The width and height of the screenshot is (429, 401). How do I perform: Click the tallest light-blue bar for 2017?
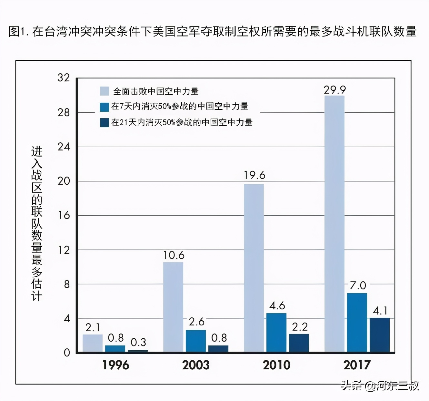(334, 223)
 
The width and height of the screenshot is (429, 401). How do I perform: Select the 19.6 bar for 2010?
(254, 268)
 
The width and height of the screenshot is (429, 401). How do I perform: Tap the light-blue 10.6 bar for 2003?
(173, 307)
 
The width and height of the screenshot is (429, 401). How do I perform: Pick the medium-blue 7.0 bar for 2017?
(357, 322)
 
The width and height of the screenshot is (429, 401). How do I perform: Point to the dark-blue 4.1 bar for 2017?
(380, 335)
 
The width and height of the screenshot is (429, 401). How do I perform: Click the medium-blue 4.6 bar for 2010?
(276, 333)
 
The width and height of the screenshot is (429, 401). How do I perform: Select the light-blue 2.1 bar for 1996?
(93, 343)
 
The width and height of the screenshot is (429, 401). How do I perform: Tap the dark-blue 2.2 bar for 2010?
(299, 343)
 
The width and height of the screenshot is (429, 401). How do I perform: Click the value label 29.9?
(335, 90)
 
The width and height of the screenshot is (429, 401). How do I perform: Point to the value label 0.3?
(138, 342)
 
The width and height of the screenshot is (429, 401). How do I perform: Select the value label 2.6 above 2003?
(196, 322)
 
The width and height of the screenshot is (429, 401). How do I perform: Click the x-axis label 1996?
(116, 365)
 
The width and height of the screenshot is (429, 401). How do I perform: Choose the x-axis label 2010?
(276, 365)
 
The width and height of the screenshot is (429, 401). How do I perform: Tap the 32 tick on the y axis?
(64, 78)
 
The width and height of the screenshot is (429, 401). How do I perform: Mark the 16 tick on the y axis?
(64, 215)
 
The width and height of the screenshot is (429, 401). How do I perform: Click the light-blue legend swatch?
(105, 91)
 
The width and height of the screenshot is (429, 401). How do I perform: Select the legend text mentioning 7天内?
(180, 106)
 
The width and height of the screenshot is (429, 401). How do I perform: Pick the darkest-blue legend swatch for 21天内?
(105, 122)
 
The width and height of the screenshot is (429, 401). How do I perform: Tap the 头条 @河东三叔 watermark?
(380, 386)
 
